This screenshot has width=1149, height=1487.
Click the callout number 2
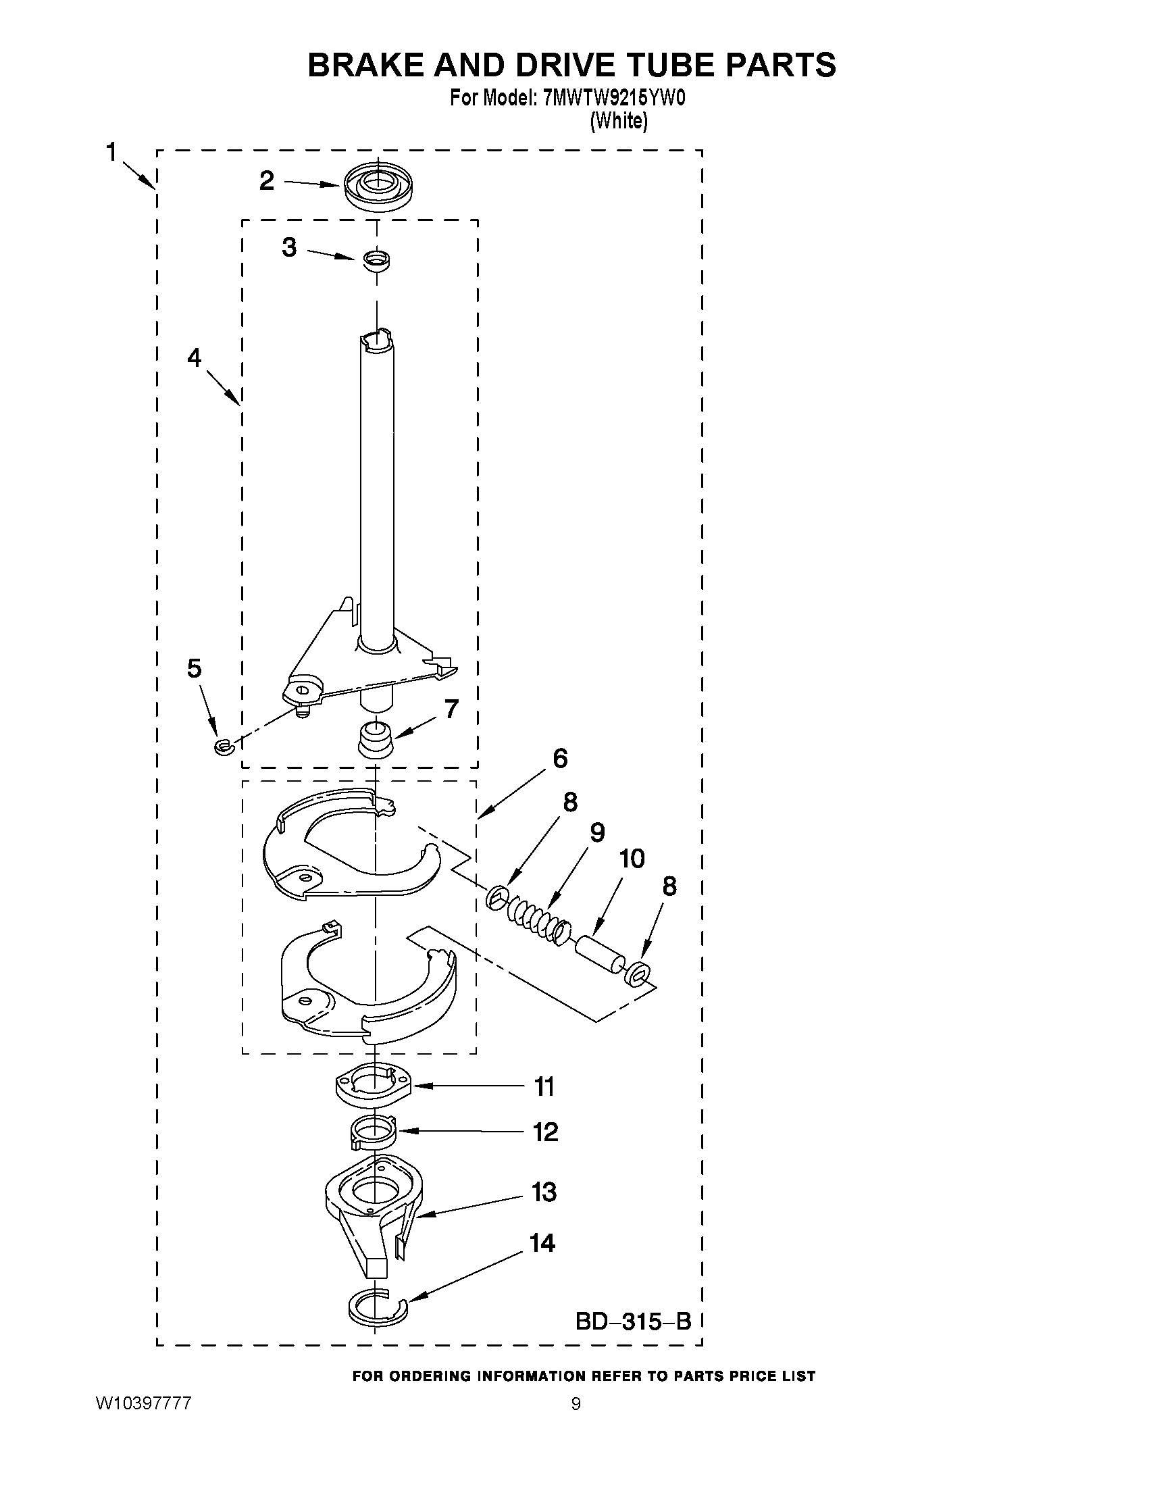tap(267, 181)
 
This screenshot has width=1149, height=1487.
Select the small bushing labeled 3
tap(376, 260)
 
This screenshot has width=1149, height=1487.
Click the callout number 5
tap(194, 669)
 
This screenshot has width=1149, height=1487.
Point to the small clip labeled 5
tap(224, 747)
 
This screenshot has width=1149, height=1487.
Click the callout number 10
tap(632, 859)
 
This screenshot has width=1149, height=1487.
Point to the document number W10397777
tap(143, 1403)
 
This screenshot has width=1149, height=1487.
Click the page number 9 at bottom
tap(576, 1404)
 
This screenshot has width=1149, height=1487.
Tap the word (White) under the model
tap(618, 121)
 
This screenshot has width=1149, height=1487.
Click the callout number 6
tap(559, 759)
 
